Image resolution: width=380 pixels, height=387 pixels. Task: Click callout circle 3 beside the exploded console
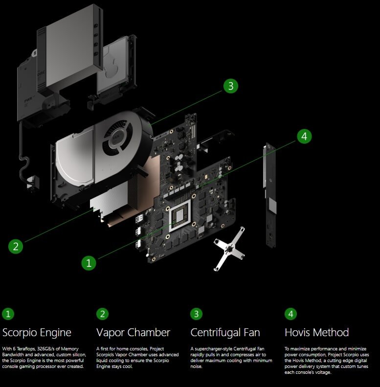231,86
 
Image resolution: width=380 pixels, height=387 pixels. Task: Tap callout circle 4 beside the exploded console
304,136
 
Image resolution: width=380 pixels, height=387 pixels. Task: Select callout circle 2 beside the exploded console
16,246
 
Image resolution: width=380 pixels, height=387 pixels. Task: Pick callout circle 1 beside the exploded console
89,263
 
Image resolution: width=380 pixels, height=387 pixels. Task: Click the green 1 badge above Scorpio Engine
8,314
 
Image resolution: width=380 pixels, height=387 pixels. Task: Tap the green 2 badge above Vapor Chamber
102,314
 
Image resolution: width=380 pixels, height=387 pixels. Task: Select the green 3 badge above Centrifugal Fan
197,314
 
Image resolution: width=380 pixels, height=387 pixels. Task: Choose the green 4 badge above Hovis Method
291,314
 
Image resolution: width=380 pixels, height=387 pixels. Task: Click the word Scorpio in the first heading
20,333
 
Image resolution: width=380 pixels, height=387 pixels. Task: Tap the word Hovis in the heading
298,332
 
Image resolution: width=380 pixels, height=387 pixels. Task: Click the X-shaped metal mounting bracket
229,249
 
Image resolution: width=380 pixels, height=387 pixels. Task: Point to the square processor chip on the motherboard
179,215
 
